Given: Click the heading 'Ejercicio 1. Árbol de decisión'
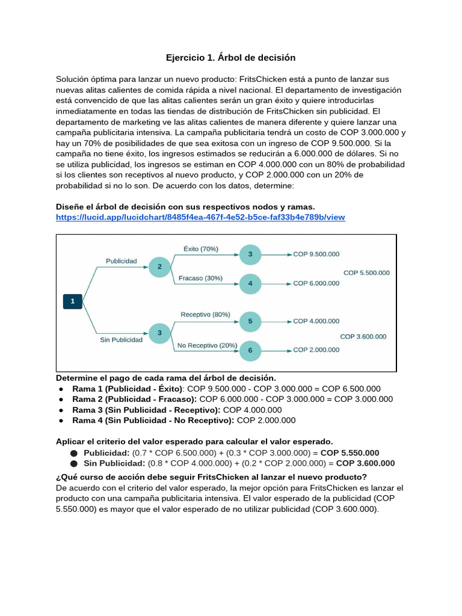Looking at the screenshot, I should (230, 58).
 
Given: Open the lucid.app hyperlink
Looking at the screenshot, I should (200, 217).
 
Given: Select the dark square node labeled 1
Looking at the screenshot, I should (72, 300).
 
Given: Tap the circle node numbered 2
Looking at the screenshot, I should (159, 266).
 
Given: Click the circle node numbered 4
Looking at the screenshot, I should (250, 283).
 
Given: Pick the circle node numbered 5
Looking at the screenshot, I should (250, 321).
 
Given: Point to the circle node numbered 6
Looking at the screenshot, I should (250, 350).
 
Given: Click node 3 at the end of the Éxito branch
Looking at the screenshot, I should (250, 254).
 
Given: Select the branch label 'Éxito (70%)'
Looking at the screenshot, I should (200, 249).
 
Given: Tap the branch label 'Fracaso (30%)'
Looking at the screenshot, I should (201, 278).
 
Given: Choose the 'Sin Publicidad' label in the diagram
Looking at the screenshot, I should (121, 339).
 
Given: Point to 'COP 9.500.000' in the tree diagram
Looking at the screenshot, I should (316, 254).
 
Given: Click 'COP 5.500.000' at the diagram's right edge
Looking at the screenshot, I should (366, 273).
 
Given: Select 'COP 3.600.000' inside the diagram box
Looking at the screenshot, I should (363, 337).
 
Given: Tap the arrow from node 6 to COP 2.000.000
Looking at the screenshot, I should (276, 350).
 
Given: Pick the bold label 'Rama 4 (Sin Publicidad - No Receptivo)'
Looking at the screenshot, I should (153, 420).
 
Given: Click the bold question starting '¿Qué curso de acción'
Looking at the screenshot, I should (211, 477).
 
